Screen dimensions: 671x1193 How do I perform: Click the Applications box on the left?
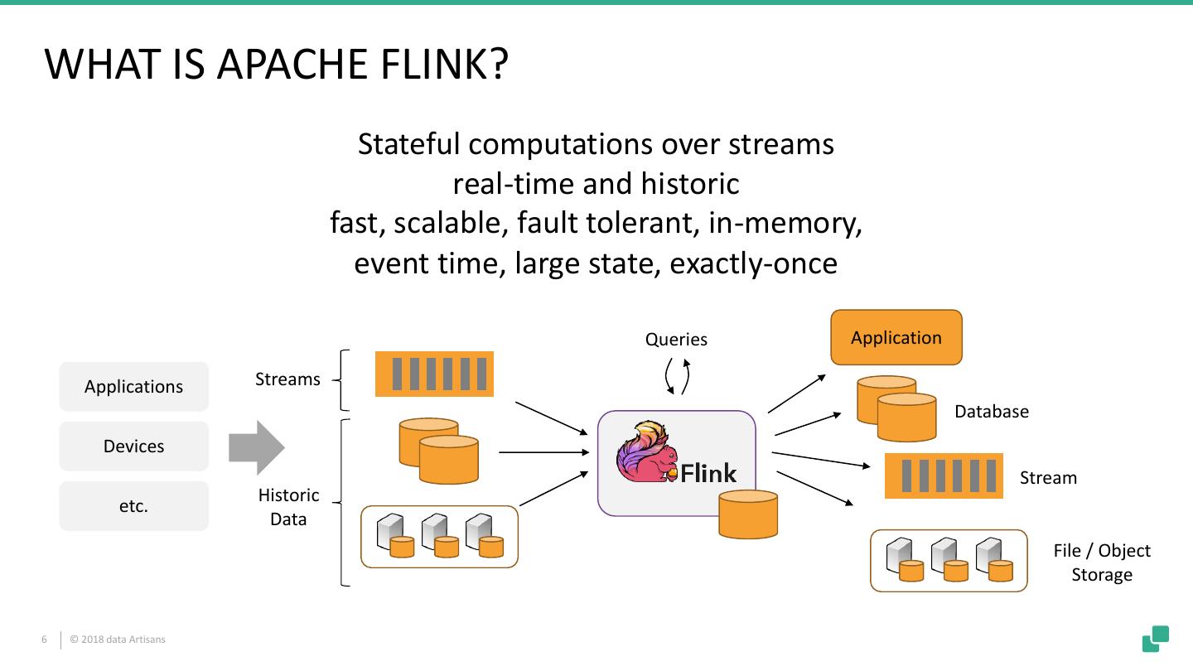click(133, 387)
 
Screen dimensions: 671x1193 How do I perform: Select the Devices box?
click(133, 447)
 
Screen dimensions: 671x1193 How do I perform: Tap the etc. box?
click(133, 506)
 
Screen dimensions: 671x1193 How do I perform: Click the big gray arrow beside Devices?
click(257, 447)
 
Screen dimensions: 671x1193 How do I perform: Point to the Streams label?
click(287, 379)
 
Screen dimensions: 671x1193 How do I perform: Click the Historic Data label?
click(288, 507)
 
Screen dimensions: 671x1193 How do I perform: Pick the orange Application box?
click(896, 338)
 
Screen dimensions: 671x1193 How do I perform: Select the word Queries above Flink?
click(677, 340)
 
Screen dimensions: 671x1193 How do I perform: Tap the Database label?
click(992, 412)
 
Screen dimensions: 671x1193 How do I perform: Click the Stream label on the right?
click(1048, 478)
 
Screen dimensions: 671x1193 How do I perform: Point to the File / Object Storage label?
click(1102, 562)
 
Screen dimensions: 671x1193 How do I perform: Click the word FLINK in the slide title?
click(438, 65)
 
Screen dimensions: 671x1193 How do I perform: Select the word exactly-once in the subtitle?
click(753, 263)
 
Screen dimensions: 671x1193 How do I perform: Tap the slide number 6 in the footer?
click(45, 640)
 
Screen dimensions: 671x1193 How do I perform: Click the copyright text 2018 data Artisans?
click(118, 640)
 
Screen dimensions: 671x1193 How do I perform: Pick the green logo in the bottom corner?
click(1156, 639)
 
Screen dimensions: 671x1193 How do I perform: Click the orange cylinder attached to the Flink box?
click(748, 514)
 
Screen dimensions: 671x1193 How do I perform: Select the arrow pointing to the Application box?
click(797, 393)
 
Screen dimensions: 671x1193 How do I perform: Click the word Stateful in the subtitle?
click(408, 144)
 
